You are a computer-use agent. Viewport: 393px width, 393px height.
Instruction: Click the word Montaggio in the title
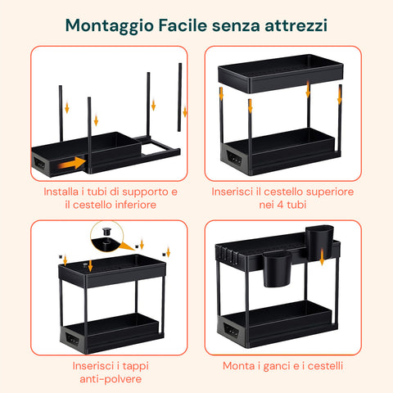pyautogui.click(x=110, y=26)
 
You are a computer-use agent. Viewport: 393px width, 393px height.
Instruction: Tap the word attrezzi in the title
pyautogui.click(x=296, y=25)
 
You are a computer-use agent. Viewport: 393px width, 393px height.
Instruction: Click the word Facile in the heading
pyautogui.click(x=183, y=25)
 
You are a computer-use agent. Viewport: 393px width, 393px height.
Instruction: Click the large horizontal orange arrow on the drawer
pyautogui.click(x=72, y=163)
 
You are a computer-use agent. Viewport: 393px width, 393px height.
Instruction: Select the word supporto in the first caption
pyautogui.click(x=145, y=192)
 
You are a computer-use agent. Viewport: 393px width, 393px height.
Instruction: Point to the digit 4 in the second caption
pyautogui.click(x=280, y=205)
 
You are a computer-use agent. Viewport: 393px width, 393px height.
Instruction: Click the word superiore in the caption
pyautogui.click(x=330, y=192)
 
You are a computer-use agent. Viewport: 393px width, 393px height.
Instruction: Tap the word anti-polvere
pyautogui.click(x=111, y=379)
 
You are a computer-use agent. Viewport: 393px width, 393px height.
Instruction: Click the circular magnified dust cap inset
pyautogui.click(x=106, y=237)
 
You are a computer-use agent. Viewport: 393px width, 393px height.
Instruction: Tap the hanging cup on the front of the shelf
pyautogui.click(x=276, y=269)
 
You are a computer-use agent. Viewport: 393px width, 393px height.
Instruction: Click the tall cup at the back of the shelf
pyautogui.click(x=319, y=242)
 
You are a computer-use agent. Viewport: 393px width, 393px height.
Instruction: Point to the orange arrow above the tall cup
pyautogui.click(x=322, y=257)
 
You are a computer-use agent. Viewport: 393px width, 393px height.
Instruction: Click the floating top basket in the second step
pyautogui.click(x=281, y=73)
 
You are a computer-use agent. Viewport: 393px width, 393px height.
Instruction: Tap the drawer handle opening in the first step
pyautogui.click(x=39, y=163)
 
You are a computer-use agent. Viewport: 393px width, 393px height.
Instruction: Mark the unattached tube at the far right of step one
pyautogui.click(x=179, y=97)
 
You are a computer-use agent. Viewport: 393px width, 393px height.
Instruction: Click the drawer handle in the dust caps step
pyautogui.click(x=72, y=339)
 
